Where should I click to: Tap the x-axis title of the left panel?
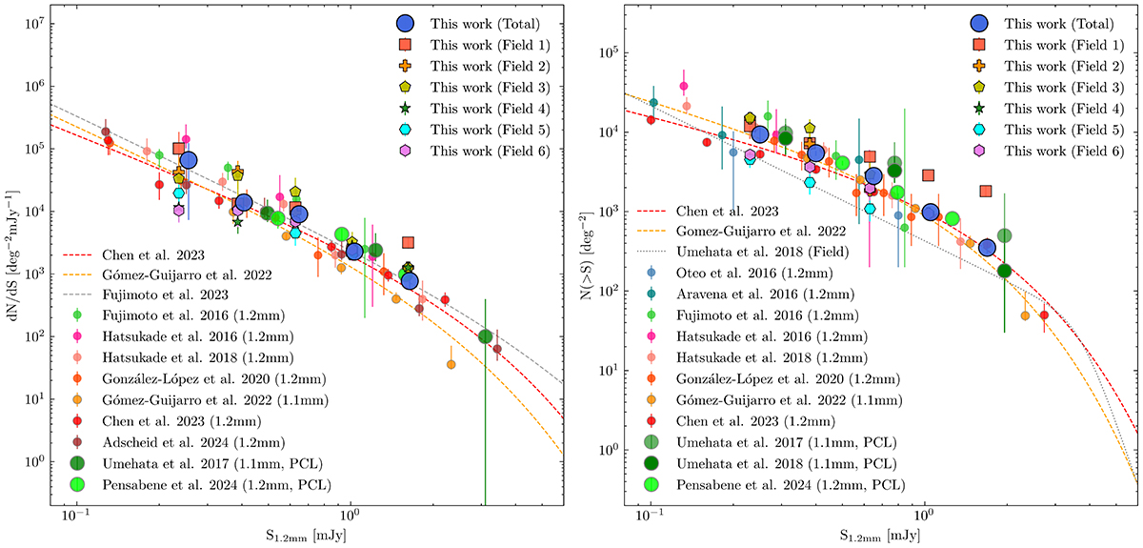coord(322,535)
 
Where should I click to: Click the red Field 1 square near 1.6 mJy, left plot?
coord(408,243)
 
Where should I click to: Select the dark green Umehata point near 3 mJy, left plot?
coord(485,336)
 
